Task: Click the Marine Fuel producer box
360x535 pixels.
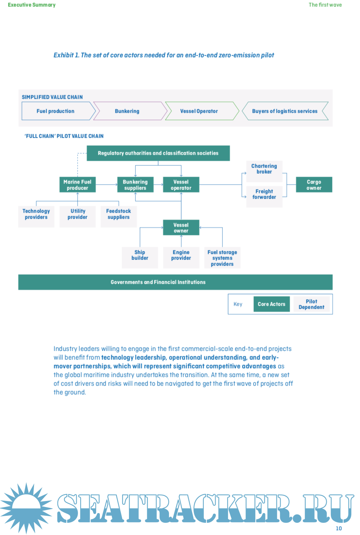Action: click(78, 185)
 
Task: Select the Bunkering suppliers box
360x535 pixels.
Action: click(135, 185)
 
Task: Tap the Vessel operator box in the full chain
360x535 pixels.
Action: click(181, 185)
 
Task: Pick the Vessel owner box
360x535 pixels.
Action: click(181, 228)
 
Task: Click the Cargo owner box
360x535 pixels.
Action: click(314, 185)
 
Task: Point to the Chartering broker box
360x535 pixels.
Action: click(264, 169)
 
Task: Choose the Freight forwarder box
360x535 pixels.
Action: click(264, 194)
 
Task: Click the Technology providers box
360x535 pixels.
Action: click(36, 215)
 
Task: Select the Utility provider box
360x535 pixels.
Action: click(78, 215)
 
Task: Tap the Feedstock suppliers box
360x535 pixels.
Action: click(119, 215)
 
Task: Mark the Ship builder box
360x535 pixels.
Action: click(140, 255)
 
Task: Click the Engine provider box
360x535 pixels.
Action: click(181, 255)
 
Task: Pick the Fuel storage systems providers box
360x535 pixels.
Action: click(222, 258)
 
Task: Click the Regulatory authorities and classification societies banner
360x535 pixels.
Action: click(158, 153)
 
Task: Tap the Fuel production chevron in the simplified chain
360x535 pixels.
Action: click(56, 111)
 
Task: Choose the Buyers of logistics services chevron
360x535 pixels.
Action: click(285, 111)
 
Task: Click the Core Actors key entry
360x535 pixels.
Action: click(272, 304)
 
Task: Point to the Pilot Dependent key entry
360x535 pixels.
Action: click(312, 304)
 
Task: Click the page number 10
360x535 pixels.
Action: click(339, 529)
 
